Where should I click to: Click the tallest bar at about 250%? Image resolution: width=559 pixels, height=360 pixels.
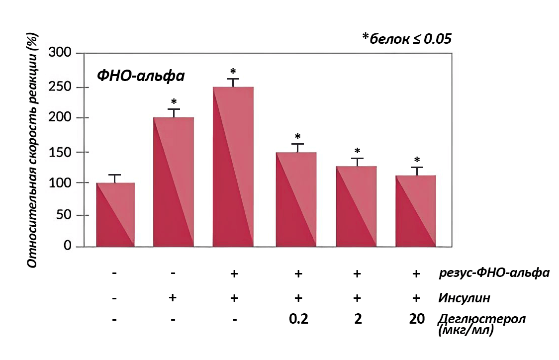(x=233, y=167)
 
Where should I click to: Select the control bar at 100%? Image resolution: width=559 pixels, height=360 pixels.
(x=115, y=215)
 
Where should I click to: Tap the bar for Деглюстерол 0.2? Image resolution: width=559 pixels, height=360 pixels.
(x=296, y=199)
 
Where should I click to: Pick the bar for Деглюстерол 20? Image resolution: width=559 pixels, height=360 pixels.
(x=416, y=211)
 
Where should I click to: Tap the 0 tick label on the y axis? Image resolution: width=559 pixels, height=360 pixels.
(x=68, y=246)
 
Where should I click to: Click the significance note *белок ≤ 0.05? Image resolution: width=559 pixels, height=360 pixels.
(x=407, y=39)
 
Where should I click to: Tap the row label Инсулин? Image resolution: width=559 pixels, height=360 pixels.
(x=464, y=298)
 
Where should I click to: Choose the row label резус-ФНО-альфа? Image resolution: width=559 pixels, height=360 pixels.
(x=494, y=272)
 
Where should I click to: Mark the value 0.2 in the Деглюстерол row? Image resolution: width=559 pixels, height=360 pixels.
(x=298, y=319)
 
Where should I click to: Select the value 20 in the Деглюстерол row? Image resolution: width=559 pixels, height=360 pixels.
(x=417, y=319)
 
